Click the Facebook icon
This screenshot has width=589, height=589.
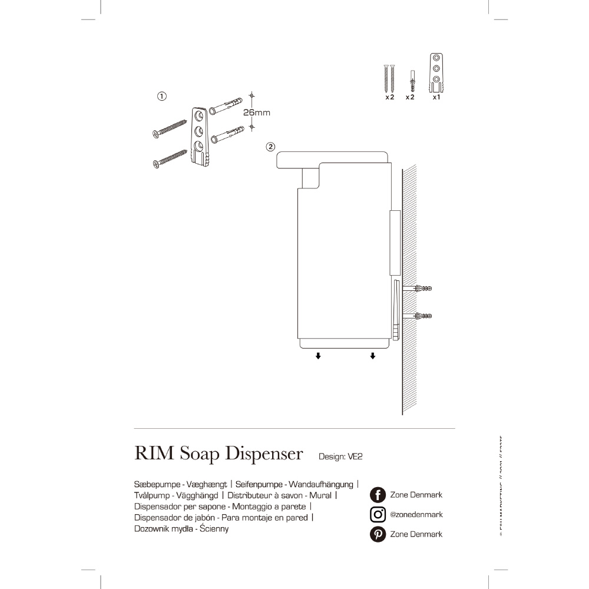coord(378,495)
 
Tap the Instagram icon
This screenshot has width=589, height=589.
coord(378,514)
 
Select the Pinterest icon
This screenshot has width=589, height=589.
coord(378,534)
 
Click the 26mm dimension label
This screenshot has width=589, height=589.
coord(257,112)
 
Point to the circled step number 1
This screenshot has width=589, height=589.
coord(162,95)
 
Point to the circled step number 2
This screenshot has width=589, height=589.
coord(270,146)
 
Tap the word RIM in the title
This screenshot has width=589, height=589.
coord(154,454)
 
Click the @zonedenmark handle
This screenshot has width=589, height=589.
coord(416,514)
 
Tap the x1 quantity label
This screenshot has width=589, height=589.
coord(436,97)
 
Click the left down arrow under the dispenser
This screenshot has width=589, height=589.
coord(318,356)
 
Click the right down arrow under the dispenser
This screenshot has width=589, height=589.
coord(372,356)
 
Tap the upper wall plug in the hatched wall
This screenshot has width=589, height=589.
coord(423,289)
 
